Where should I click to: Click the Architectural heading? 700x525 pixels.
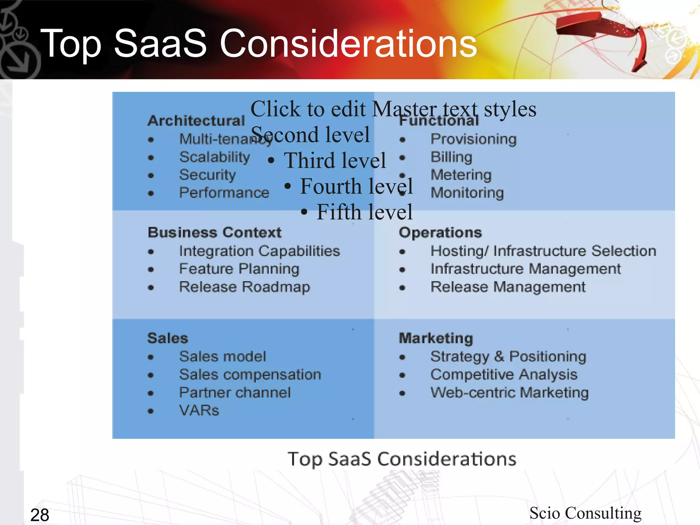pyautogui.click(x=196, y=121)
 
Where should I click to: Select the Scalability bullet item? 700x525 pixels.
pyautogui.click(x=214, y=157)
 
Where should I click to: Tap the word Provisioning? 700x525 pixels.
pyautogui.click(x=473, y=139)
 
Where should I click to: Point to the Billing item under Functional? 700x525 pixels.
pyautogui.click(x=451, y=157)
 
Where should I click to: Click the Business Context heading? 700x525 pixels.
pyautogui.click(x=214, y=232)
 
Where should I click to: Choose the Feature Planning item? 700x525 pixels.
pyautogui.click(x=239, y=269)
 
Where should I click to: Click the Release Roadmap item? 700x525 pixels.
pyautogui.click(x=244, y=287)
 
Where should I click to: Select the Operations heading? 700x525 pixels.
pyautogui.click(x=440, y=232)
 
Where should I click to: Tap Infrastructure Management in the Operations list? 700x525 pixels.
pyautogui.click(x=525, y=269)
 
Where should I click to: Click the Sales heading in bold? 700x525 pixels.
pyautogui.click(x=167, y=338)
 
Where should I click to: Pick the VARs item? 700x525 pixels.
pyautogui.click(x=199, y=410)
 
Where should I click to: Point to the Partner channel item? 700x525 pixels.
pyautogui.click(x=235, y=392)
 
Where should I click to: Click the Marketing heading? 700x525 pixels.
pyautogui.click(x=436, y=338)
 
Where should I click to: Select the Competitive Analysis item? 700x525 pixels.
pyautogui.click(x=504, y=375)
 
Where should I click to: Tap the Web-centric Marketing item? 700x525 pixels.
pyautogui.click(x=509, y=392)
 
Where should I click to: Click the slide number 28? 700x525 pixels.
pyautogui.click(x=40, y=515)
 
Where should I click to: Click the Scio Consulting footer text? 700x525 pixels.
pyautogui.click(x=585, y=513)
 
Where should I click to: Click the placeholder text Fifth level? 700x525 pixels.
pyautogui.click(x=364, y=212)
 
